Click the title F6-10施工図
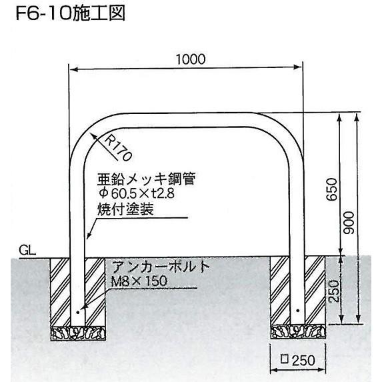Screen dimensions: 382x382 tap(71, 13)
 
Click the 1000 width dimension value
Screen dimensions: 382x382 tap(191, 59)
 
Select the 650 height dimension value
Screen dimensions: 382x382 tap(332, 189)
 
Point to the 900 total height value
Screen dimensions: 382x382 tap(349, 223)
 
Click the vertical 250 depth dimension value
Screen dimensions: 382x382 tap(333, 291)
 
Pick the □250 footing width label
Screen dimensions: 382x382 tap(298, 360)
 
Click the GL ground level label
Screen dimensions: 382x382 tap(27, 250)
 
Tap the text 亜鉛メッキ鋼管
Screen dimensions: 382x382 tap(147, 179)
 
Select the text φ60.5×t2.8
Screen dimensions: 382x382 tap(137, 194)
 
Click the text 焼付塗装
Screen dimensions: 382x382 tap(125, 209)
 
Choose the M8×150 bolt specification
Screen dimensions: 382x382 tap(139, 281)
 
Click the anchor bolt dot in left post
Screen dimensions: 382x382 tap(77, 312)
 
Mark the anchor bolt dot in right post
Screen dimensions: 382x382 tap(298, 311)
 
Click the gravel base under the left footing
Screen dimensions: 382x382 tap(78, 333)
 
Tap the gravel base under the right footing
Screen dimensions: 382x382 tap(298, 332)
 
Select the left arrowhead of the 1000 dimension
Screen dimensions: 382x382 tap(73, 70)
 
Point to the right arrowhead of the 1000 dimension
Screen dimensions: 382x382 tap(298, 67)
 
